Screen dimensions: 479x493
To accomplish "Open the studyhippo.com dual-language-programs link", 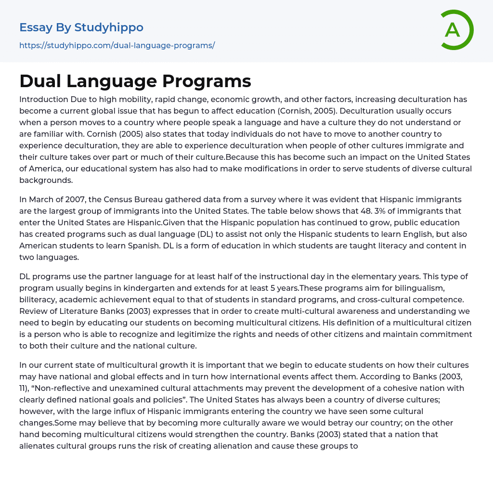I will [x=117, y=45].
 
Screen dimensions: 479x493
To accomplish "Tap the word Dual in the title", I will [x=40, y=81].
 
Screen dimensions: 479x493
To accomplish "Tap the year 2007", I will [x=75, y=199].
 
